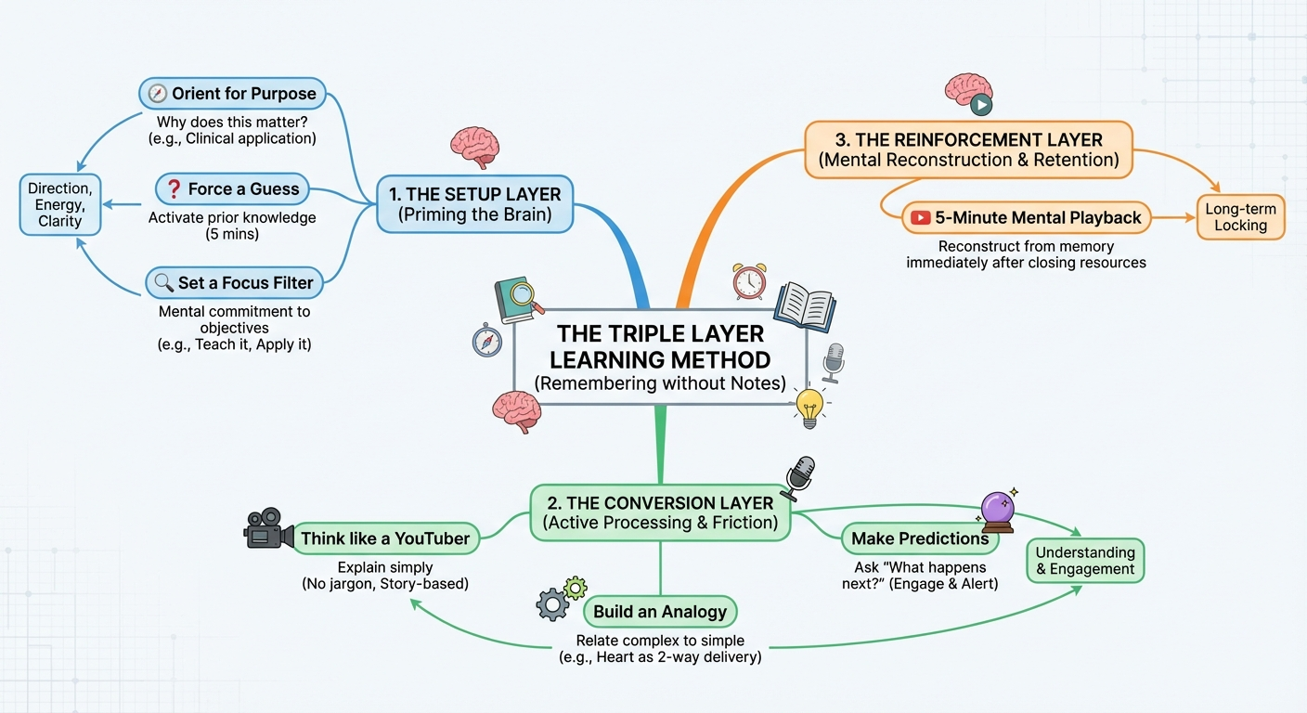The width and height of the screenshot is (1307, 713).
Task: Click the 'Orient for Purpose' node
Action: click(x=232, y=93)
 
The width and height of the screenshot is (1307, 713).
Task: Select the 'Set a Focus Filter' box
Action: click(x=234, y=282)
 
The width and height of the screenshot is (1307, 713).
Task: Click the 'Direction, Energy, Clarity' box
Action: click(x=60, y=205)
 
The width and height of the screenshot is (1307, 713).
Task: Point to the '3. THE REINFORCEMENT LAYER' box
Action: click(x=968, y=149)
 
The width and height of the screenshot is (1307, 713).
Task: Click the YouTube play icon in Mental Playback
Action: click(x=921, y=218)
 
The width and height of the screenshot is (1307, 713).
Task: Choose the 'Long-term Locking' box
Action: click(x=1240, y=217)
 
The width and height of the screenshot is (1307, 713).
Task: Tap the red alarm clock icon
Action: click(x=749, y=280)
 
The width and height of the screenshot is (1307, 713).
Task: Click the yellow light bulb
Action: click(x=810, y=406)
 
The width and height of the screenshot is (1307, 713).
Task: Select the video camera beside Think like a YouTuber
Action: click(x=266, y=528)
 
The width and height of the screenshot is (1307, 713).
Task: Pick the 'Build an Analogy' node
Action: click(x=660, y=612)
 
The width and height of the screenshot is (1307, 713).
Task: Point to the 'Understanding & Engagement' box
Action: click(x=1085, y=561)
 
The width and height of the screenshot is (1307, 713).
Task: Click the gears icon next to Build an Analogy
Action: click(x=559, y=599)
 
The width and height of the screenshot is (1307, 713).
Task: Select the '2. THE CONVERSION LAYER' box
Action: click(x=660, y=512)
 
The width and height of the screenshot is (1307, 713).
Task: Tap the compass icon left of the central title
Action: click(x=486, y=342)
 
